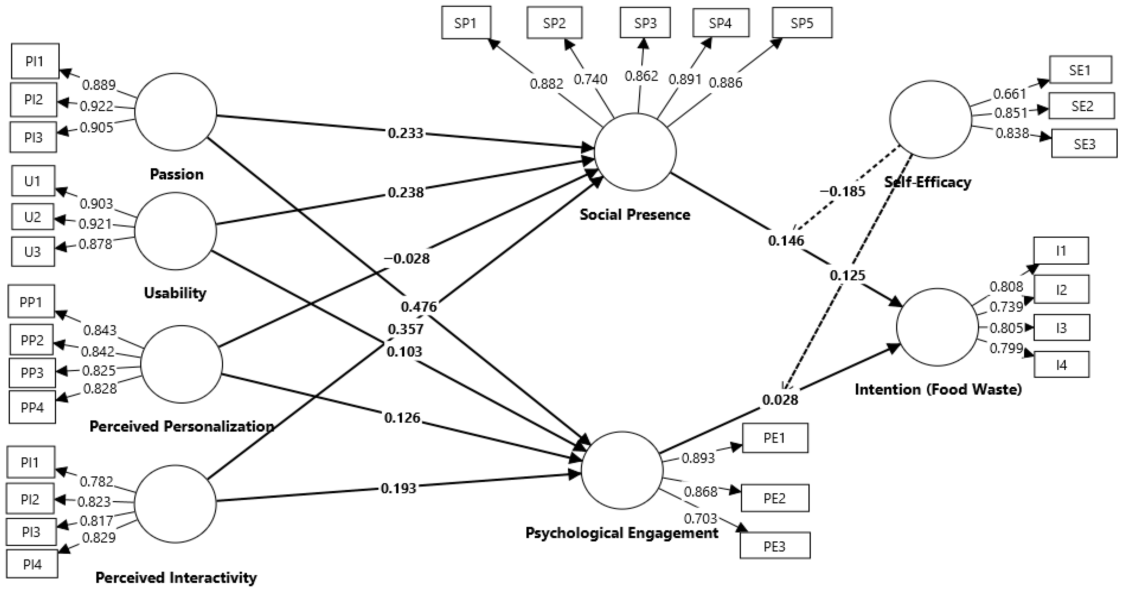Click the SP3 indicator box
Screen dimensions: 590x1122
tap(645, 23)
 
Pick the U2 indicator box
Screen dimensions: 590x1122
tap(33, 217)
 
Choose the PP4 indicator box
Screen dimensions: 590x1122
tap(32, 407)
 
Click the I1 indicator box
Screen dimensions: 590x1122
tap(1061, 251)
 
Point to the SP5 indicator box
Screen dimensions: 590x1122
tap(802, 23)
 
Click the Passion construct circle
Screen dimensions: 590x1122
tap(176, 112)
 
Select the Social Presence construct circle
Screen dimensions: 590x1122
tap(635, 152)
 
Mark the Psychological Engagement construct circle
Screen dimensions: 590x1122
tap(622, 470)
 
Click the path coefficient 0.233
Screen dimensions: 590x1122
tap(405, 133)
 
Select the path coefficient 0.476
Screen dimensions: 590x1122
tap(418, 307)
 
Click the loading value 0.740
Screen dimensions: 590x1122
tap(590, 79)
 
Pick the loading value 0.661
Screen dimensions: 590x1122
tap(1010, 93)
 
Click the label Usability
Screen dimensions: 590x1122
tap(175, 293)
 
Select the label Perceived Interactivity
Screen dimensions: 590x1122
tap(176, 577)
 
